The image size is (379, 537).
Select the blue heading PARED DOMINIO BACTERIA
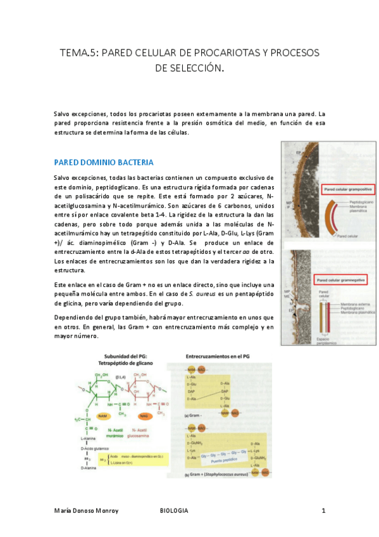(x=104, y=162)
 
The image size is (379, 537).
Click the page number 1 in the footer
(x=323, y=510)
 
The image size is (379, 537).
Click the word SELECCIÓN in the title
(x=189, y=67)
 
